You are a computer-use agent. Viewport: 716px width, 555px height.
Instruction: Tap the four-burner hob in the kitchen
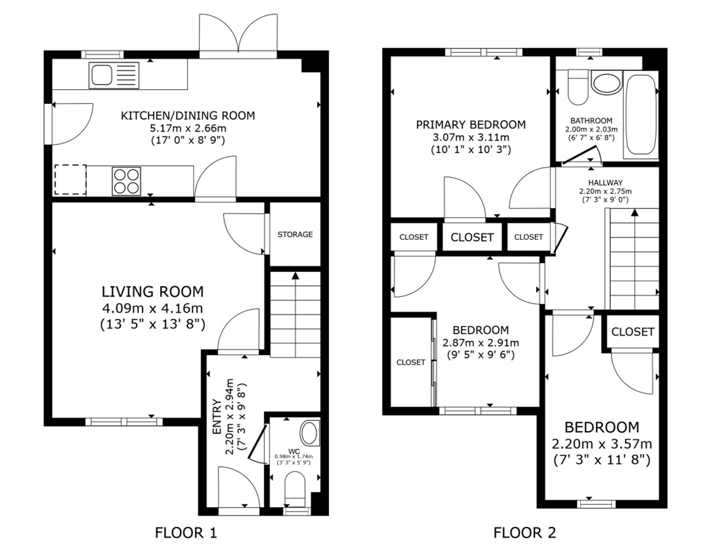pos(126,181)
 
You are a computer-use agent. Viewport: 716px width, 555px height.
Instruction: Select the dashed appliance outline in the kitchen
pos(71,179)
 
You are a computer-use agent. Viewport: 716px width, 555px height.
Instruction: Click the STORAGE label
pos(295,234)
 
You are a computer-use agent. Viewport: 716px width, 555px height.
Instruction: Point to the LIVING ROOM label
pos(153,292)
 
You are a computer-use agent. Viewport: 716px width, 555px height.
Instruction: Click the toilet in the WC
pos(295,489)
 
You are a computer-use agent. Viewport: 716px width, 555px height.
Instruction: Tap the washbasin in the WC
pos(310,433)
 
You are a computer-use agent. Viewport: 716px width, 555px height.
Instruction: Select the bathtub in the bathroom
pos(641,115)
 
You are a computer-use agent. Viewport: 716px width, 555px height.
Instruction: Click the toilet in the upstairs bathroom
pos(578,87)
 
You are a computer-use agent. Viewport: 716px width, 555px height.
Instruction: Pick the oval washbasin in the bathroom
pos(606,83)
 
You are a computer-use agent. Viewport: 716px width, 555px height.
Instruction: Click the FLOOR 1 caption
pos(186,533)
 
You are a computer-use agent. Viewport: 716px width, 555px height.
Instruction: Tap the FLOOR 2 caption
pos(525,533)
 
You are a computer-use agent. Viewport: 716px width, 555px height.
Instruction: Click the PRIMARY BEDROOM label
pos(471,125)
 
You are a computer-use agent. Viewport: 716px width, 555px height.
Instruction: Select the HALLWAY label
pos(605,182)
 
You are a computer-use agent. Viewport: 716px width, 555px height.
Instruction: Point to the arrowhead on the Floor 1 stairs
pos(295,276)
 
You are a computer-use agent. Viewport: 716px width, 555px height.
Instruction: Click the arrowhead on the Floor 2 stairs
pos(635,212)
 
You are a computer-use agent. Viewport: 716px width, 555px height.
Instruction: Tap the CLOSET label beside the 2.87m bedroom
pos(411,362)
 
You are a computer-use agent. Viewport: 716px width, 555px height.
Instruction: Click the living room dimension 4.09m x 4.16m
pos(153,308)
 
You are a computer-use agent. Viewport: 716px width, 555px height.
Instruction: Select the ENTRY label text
pos(217,417)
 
